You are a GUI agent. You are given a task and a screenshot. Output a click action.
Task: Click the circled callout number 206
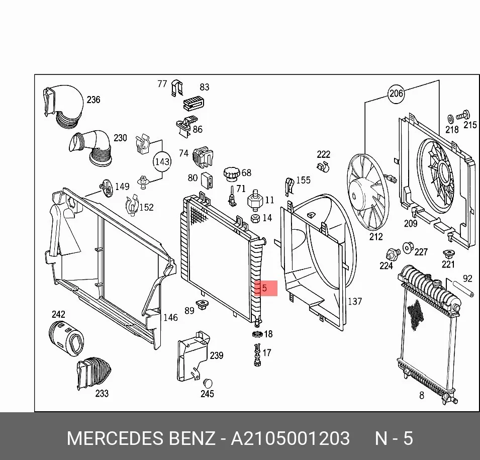(x=396, y=94)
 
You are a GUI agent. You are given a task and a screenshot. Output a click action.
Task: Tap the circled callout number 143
(x=162, y=161)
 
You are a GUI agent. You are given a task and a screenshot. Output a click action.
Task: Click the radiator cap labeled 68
(x=232, y=175)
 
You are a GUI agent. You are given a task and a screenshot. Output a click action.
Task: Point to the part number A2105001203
(x=290, y=438)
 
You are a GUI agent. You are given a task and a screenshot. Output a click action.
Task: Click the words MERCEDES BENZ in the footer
(x=141, y=438)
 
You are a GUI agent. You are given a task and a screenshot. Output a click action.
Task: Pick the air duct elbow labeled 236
(x=63, y=106)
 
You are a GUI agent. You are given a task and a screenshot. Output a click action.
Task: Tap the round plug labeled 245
(x=208, y=383)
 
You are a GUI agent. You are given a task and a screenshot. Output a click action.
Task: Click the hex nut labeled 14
(x=256, y=218)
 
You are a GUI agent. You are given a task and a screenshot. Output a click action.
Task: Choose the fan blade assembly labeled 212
(x=367, y=192)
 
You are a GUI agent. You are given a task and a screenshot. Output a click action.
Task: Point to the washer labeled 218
(x=451, y=119)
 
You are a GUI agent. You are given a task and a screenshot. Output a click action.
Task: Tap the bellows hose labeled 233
(x=93, y=373)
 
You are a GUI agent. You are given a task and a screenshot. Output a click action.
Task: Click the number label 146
(x=170, y=317)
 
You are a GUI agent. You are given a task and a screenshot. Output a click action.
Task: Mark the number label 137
(x=355, y=301)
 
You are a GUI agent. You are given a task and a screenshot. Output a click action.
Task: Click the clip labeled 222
(x=322, y=167)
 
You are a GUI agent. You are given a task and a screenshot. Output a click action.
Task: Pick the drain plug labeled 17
(x=257, y=355)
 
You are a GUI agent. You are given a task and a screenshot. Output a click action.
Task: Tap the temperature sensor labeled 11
(x=255, y=200)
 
